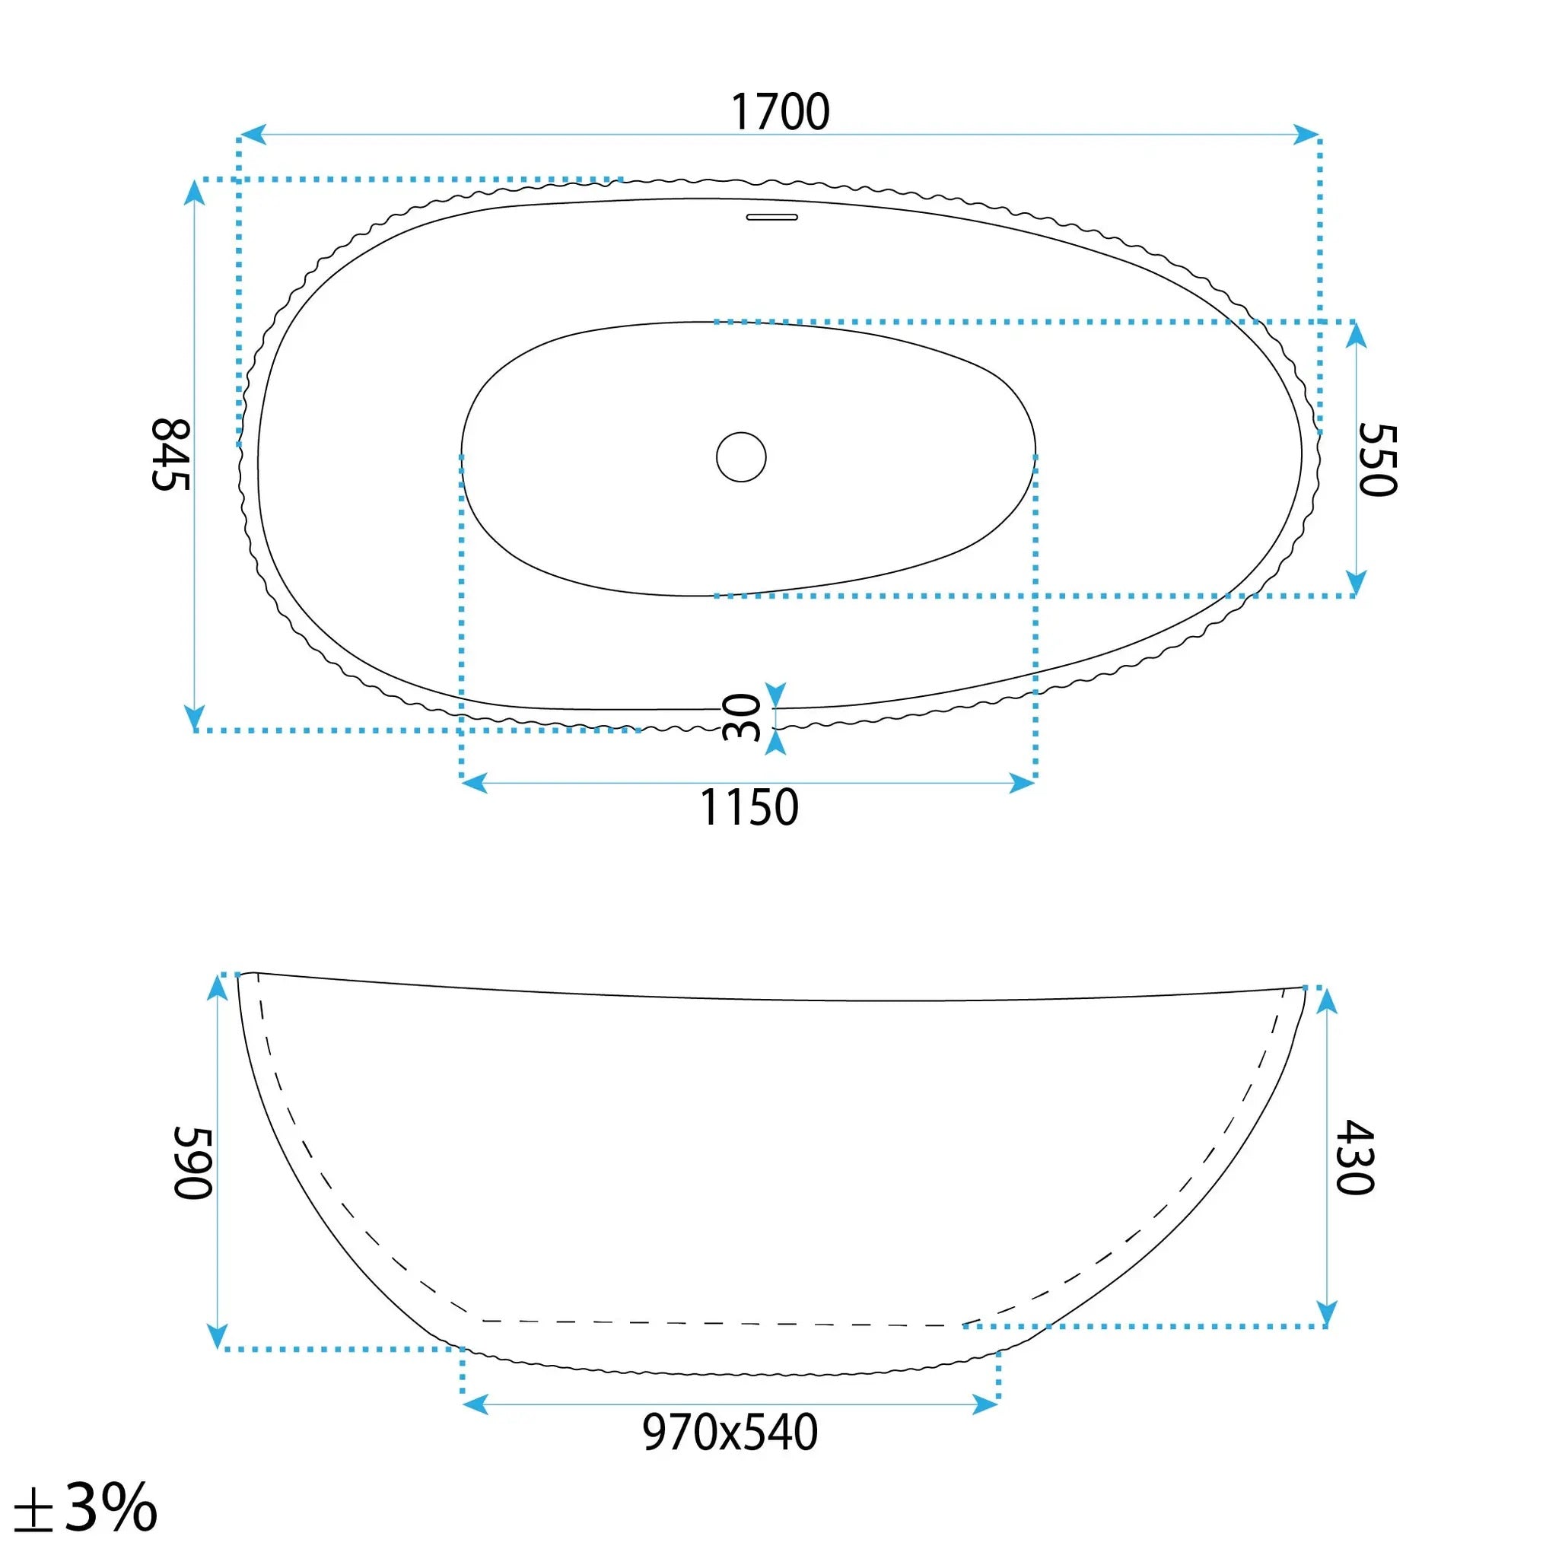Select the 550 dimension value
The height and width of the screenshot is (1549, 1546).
(x=1378, y=460)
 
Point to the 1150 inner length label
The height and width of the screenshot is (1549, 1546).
(x=749, y=807)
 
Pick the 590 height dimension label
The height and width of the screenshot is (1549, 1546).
(x=193, y=1163)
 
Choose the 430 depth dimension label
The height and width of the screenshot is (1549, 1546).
(x=1355, y=1158)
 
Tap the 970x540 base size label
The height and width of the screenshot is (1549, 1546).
(x=730, y=1433)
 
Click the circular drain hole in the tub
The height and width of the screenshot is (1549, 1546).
(x=741, y=457)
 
